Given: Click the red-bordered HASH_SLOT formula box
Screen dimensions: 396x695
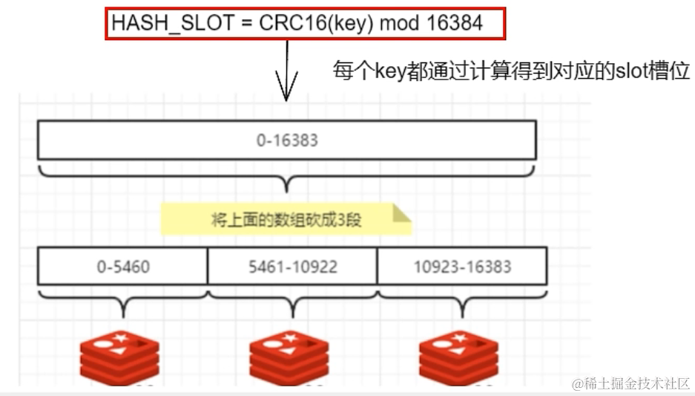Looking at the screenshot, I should [305, 23].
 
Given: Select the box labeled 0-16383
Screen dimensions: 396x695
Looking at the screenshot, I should [286, 140].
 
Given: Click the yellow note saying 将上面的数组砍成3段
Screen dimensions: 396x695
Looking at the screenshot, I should [286, 220].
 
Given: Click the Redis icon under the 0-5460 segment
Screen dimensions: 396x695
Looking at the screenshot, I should [120, 357].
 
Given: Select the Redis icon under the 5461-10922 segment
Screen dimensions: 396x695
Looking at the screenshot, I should [289, 357].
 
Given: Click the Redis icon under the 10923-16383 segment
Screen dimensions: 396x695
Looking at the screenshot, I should [458, 357].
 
